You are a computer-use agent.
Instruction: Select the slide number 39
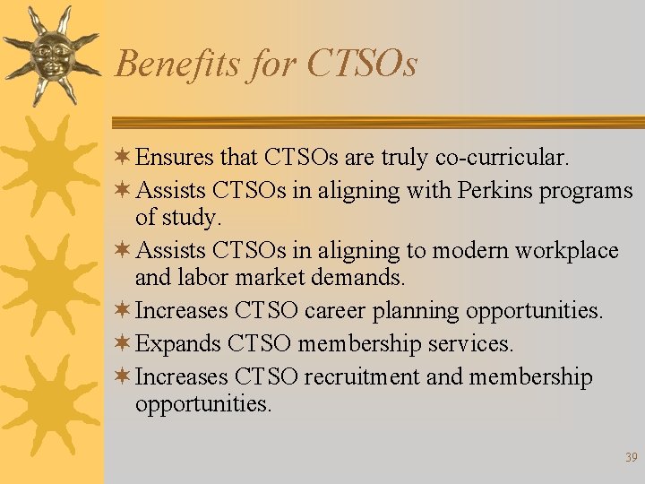632,458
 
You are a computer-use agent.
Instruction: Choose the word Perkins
493,191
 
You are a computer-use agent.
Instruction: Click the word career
335,310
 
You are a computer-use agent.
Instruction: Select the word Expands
177,343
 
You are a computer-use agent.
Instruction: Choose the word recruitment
362,376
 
